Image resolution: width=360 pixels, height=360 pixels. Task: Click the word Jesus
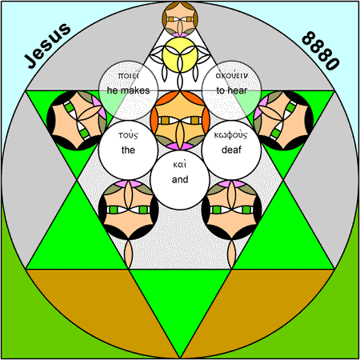coord(47,46)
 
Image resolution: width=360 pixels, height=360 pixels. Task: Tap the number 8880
coord(321,50)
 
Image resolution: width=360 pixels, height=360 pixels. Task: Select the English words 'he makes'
coord(128,90)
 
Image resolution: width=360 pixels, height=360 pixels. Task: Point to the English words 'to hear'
coord(232,90)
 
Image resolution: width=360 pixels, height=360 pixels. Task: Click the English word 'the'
coord(128,150)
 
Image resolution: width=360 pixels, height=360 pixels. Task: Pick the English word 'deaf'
coord(231,150)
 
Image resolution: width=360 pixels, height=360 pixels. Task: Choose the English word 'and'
coord(180,179)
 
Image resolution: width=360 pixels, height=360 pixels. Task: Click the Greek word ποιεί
coord(128,76)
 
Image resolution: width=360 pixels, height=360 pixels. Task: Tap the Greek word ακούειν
coord(232,75)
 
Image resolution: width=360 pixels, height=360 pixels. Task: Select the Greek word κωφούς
coord(231,135)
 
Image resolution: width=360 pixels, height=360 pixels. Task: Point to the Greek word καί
coord(180,164)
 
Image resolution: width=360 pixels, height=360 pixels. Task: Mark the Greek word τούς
coord(128,135)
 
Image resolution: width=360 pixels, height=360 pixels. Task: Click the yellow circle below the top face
coord(180,54)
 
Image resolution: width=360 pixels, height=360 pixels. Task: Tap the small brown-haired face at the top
coord(180,19)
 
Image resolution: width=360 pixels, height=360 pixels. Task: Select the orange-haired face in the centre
coord(180,121)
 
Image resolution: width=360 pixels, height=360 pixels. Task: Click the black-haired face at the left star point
coord(77,121)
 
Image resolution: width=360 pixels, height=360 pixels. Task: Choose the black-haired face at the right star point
coord(283,121)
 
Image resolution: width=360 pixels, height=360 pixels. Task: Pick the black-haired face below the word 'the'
coord(128,210)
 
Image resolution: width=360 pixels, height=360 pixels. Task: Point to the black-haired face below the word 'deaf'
coord(231,210)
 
